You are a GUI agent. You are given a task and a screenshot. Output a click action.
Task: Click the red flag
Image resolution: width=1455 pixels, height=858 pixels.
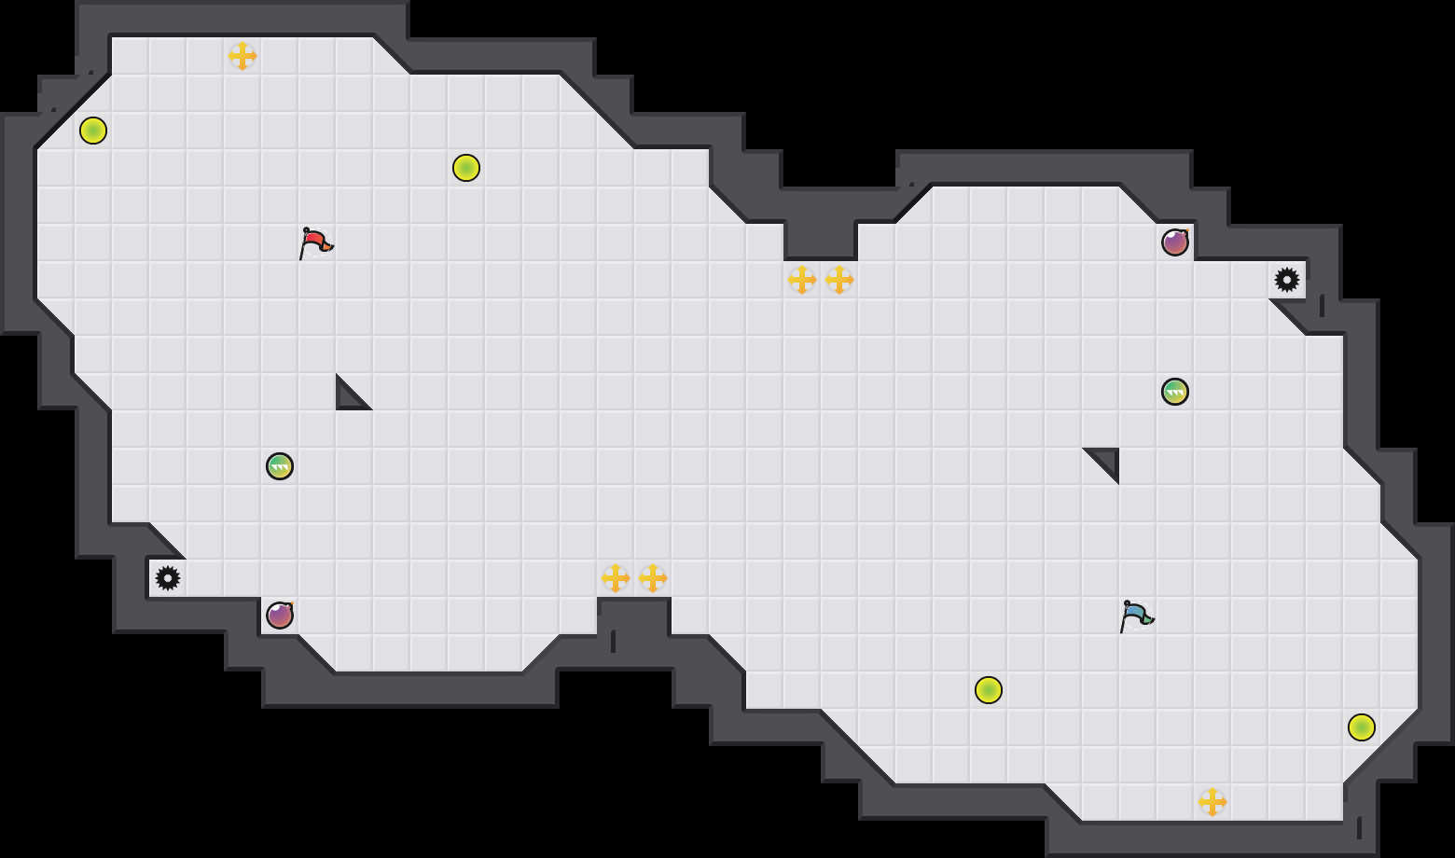pyautogui.click(x=315, y=242)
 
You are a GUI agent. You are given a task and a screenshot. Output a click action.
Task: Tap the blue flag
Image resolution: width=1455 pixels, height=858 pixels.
pyautogui.click(x=1136, y=616)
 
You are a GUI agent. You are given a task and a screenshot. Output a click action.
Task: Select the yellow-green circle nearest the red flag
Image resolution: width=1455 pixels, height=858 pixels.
pyautogui.click(x=466, y=168)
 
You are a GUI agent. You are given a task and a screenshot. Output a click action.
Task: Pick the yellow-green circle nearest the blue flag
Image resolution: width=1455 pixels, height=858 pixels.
pyautogui.click(x=989, y=690)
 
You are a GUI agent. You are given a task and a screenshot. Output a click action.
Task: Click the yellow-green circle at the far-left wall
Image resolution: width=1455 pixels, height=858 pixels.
pyautogui.click(x=93, y=131)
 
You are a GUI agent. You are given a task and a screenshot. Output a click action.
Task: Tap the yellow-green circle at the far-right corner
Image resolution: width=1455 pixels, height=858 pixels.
pyautogui.click(x=1362, y=727)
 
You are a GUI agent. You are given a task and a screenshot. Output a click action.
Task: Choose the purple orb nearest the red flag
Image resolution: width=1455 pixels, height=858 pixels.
pyautogui.click(x=280, y=616)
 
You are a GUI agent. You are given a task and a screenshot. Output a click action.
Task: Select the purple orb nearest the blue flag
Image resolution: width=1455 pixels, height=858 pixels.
pyautogui.click(x=1175, y=242)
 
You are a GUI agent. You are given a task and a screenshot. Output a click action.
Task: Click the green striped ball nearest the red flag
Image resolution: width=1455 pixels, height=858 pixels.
pyautogui.click(x=280, y=466)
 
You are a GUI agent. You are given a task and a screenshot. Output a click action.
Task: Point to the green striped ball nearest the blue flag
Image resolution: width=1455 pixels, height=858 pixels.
pyautogui.click(x=1175, y=392)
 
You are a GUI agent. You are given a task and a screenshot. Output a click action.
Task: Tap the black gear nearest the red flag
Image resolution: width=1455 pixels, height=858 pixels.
pyautogui.click(x=168, y=578)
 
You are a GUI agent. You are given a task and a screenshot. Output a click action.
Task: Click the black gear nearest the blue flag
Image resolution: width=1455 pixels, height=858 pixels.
pyautogui.click(x=1287, y=280)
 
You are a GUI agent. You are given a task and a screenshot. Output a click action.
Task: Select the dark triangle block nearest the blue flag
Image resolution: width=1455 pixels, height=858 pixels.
pyautogui.click(x=1107, y=460)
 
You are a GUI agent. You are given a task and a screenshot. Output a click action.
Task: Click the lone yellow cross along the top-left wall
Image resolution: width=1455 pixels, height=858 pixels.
pyautogui.click(x=242, y=56)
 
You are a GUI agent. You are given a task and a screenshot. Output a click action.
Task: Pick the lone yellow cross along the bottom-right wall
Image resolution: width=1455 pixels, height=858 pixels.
pyautogui.click(x=1212, y=802)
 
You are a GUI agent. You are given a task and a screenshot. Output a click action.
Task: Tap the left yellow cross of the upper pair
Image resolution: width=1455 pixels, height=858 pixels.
pyautogui.click(x=802, y=280)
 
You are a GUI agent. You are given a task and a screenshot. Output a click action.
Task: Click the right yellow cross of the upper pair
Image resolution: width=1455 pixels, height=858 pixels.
pyautogui.click(x=839, y=280)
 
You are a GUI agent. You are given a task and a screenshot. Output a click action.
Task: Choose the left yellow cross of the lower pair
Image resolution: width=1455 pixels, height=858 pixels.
pyautogui.click(x=616, y=578)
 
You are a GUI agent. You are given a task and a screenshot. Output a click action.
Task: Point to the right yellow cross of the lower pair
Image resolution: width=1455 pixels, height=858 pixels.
pyautogui.click(x=653, y=578)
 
